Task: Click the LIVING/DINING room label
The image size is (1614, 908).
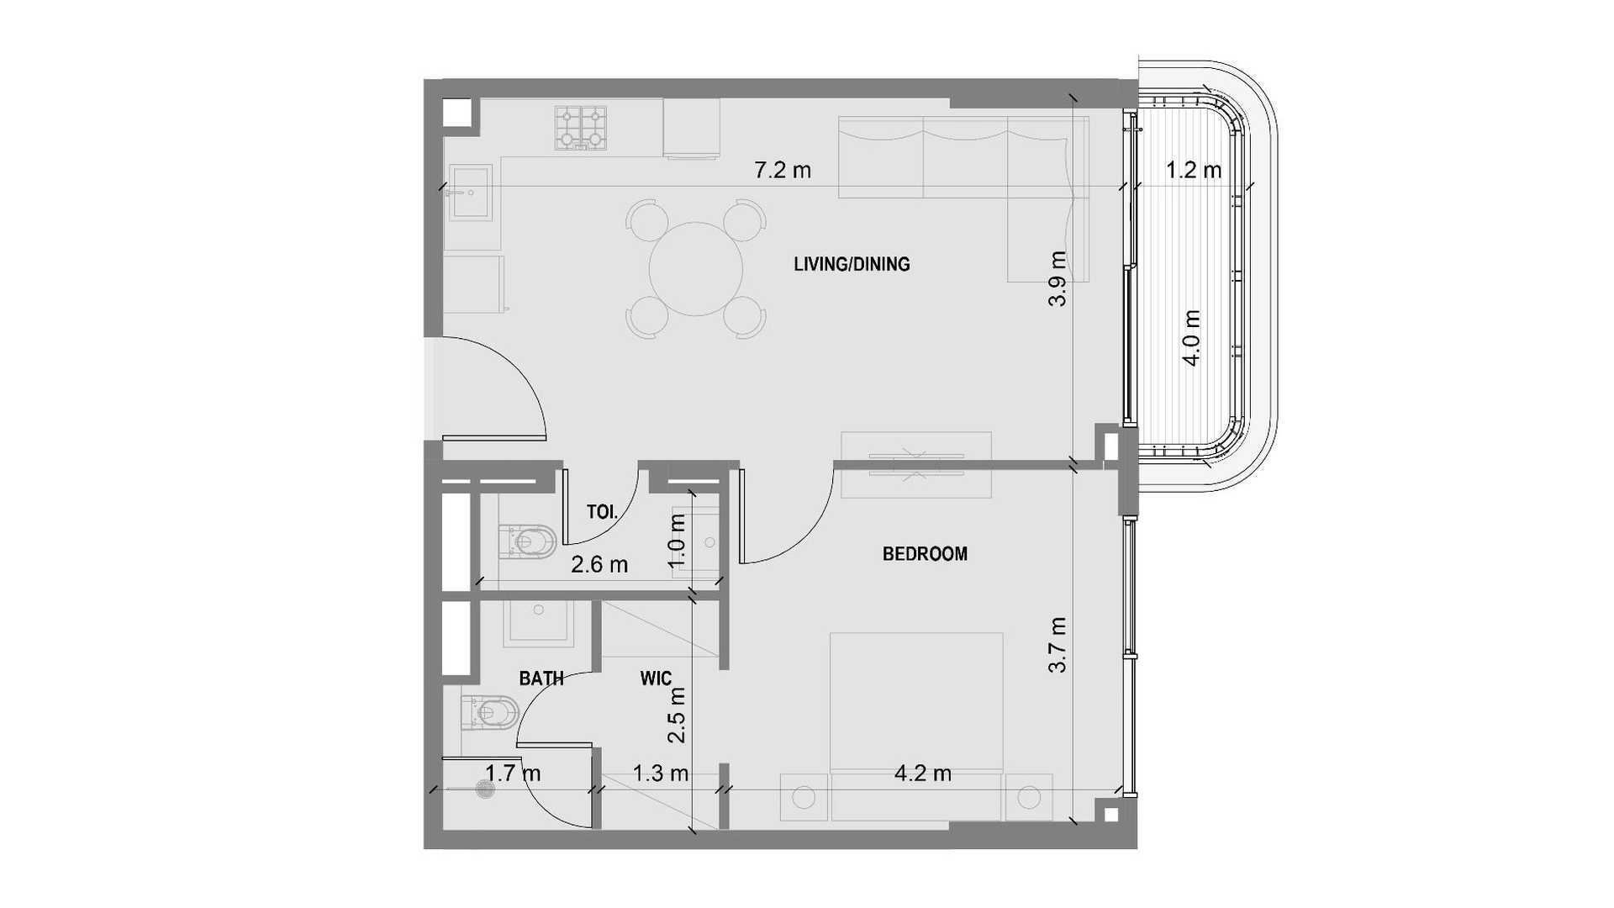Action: (852, 264)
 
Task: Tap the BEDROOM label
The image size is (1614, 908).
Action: (925, 554)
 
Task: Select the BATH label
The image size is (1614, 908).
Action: (541, 678)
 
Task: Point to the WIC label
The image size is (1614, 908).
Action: (656, 678)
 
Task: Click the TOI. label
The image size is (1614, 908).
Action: (603, 511)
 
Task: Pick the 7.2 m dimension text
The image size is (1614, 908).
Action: (783, 171)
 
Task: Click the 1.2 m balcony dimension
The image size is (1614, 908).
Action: (1194, 171)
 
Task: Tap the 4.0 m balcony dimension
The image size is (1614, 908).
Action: (1191, 338)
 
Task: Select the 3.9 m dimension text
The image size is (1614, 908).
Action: (1058, 278)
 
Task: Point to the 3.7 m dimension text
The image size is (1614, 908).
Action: (1058, 645)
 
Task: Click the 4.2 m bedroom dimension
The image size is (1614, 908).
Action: (923, 773)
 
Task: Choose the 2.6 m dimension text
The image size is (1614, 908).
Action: (599, 565)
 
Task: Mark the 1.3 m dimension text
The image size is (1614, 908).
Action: (661, 773)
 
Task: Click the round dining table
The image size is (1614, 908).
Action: (696, 269)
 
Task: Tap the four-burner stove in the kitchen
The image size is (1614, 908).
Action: (581, 128)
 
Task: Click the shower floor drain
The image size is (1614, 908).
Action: (485, 789)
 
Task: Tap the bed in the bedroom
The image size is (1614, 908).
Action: (916, 727)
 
